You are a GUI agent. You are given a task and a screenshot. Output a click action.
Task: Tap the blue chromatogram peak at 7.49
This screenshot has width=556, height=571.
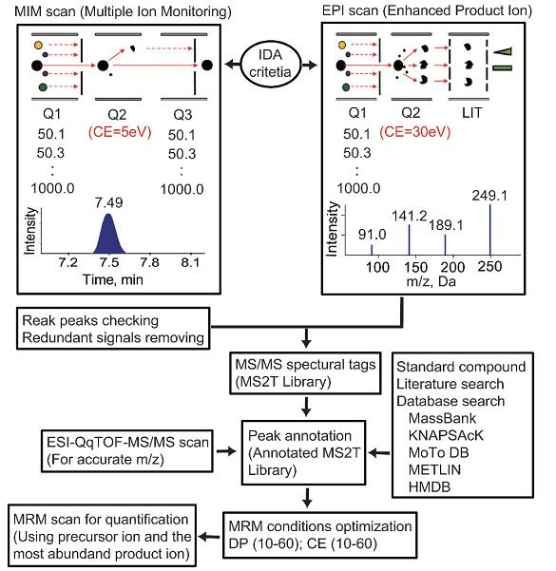[108, 234]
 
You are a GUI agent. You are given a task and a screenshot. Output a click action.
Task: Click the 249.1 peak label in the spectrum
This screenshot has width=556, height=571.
[489, 196]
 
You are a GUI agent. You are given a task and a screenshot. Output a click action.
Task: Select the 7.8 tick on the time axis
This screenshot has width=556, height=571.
[150, 262]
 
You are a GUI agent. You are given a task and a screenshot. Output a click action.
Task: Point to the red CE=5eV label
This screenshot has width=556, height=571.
[120, 132]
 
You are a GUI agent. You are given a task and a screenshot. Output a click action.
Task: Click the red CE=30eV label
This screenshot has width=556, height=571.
[415, 132]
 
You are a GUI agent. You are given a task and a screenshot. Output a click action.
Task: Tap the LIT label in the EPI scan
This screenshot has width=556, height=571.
[471, 113]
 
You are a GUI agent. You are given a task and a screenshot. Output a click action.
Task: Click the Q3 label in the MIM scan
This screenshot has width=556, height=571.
[182, 115]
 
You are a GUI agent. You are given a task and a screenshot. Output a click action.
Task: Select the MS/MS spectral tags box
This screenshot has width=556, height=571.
[305, 373]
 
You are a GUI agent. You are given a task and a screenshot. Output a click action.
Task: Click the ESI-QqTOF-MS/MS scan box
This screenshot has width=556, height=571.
[127, 451]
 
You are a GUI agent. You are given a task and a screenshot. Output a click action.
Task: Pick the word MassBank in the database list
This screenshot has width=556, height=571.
[442, 418]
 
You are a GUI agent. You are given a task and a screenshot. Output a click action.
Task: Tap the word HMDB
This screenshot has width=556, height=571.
[430, 486]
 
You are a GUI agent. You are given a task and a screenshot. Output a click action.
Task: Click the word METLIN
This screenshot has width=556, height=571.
[434, 469]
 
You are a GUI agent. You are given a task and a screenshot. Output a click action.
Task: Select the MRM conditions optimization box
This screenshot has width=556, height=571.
[320, 535]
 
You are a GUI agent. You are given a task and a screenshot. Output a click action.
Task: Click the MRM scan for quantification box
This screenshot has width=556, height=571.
[103, 536]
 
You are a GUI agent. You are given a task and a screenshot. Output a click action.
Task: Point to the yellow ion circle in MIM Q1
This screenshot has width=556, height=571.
[38, 46]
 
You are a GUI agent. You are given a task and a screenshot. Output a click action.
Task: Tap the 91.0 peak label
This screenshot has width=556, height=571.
[372, 235]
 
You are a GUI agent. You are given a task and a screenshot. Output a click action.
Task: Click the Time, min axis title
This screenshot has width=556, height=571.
[113, 279]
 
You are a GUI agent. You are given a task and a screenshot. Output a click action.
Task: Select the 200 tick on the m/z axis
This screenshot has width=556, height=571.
[452, 267]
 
